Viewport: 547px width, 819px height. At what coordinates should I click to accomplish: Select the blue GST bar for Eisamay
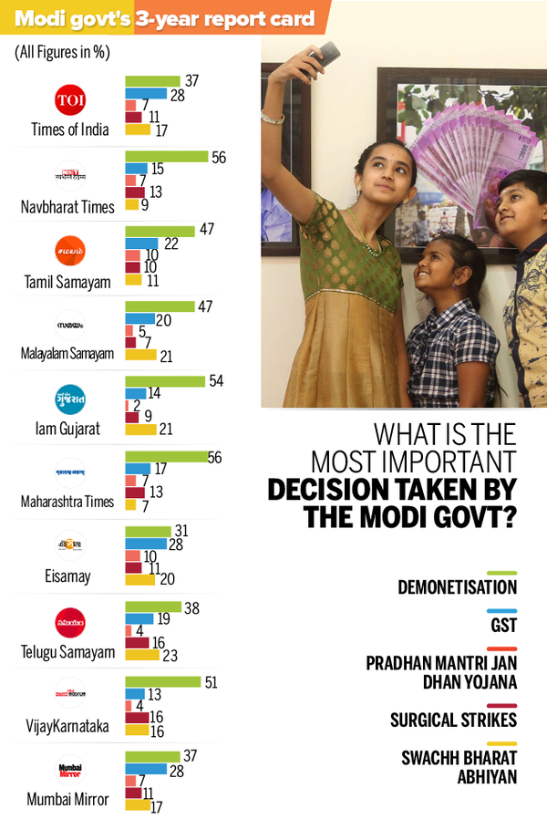point(145,544)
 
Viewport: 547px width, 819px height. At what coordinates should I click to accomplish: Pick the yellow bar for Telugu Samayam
point(141,654)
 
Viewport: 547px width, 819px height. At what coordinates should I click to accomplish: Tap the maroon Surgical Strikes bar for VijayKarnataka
point(136,718)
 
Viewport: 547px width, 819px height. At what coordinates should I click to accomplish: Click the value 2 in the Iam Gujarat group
point(136,405)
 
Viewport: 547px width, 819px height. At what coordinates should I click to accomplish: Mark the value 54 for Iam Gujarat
point(216,379)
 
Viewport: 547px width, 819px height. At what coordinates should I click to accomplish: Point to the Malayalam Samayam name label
point(67,354)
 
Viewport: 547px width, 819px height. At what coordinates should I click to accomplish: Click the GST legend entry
point(504,626)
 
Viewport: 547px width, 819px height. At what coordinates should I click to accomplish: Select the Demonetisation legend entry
point(457,587)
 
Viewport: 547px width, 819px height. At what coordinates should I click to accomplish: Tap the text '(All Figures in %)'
point(62,52)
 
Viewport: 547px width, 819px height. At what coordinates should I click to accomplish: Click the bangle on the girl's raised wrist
point(272,117)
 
